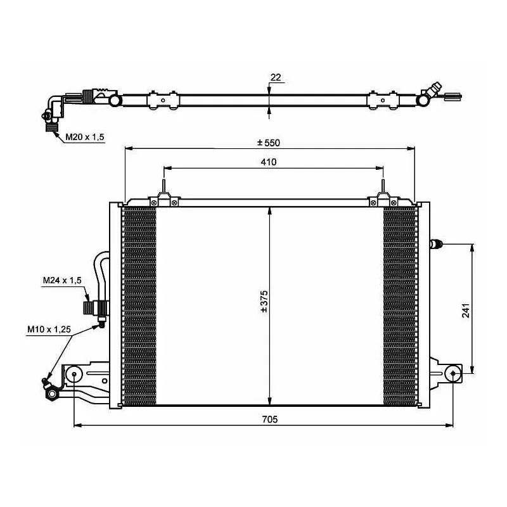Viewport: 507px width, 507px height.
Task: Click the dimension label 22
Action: click(x=275, y=77)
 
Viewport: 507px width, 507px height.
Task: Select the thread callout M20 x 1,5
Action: click(x=84, y=136)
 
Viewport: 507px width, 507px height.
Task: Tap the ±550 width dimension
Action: click(x=268, y=143)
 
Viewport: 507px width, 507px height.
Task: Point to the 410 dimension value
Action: click(x=268, y=162)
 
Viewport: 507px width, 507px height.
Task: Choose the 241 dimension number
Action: click(x=465, y=309)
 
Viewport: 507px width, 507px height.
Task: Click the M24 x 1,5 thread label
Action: click(x=62, y=279)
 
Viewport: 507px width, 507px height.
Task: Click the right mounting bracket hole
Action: click(x=453, y=373)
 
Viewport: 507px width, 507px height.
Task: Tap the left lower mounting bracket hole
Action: click(x=75, y=374)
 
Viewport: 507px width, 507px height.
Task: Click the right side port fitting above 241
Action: click(x=436, y=243)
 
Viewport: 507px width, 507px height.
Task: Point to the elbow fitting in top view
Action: click(x=53, y=106)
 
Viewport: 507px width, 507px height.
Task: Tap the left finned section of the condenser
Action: click(x=138, y=306)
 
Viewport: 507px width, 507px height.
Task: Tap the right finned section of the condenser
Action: click(x=401, y=306)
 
